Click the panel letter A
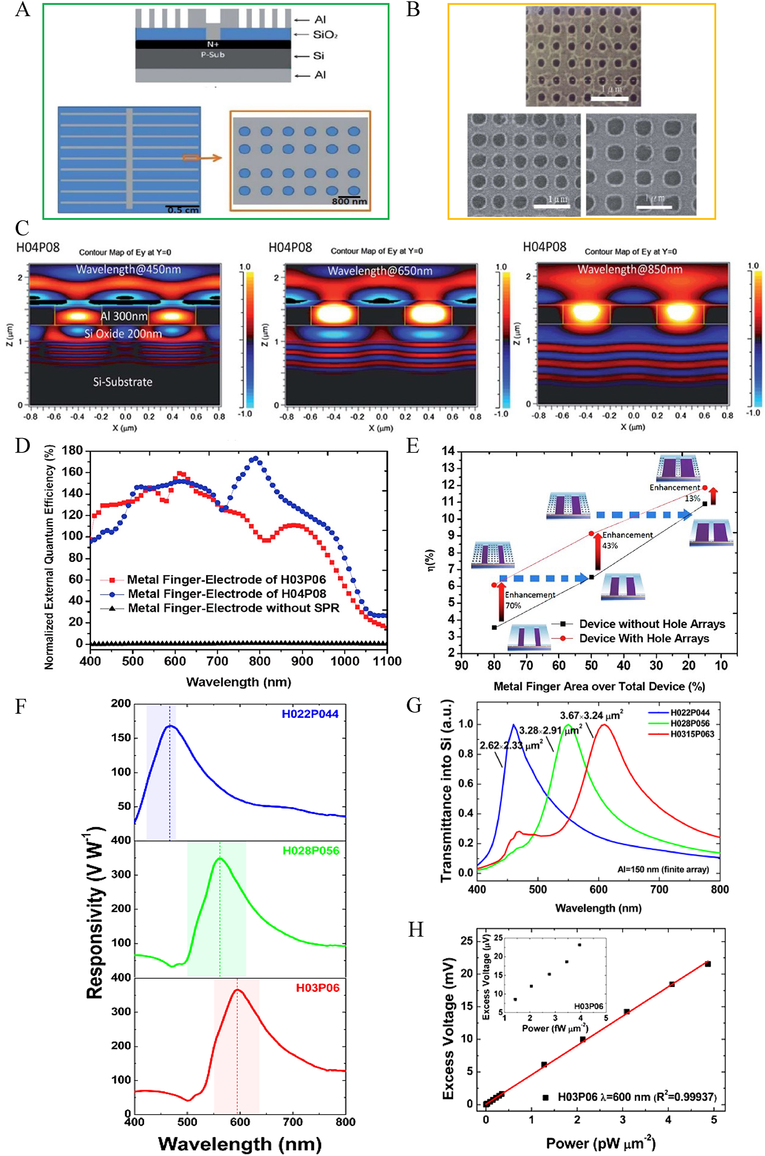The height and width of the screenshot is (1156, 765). [x=22, y=9]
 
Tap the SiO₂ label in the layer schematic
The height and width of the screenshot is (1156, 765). [x=325, y=35]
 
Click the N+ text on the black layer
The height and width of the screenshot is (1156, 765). [x=213, y=45]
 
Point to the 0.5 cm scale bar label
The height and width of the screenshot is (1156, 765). [x=182, y=210]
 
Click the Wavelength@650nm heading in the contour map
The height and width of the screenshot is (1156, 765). [x=380, y=271]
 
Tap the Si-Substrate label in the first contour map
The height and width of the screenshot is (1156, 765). [x=123, y=382]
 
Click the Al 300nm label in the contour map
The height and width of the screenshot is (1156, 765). [x=124, y=316]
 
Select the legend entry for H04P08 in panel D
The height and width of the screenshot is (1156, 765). [x=227, y=594]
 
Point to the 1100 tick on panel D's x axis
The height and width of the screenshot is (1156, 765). [x=387, y=661]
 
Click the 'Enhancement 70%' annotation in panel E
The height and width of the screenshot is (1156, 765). [x=529, y=600]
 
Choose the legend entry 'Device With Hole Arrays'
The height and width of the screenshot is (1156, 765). [x=643, y=639]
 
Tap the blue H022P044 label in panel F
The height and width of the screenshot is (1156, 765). [x=310, y=714]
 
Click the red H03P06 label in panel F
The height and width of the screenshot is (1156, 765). [x=317, y=988]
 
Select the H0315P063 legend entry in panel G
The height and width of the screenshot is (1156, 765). [x=691, y=734]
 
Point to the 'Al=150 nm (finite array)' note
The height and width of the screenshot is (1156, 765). [x=663, y=869]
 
